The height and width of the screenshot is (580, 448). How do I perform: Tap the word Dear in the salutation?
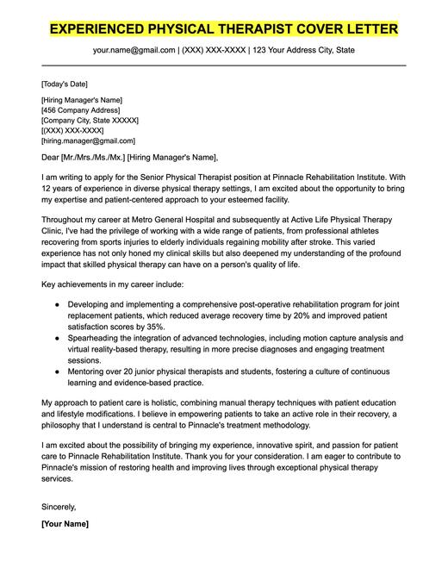tap(52, 157)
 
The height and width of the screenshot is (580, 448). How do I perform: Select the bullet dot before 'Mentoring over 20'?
tap(57, 371)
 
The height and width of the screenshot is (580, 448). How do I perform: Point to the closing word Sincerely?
tap(59, 506)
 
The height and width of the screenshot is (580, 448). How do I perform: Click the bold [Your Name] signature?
tap(65, 523)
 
